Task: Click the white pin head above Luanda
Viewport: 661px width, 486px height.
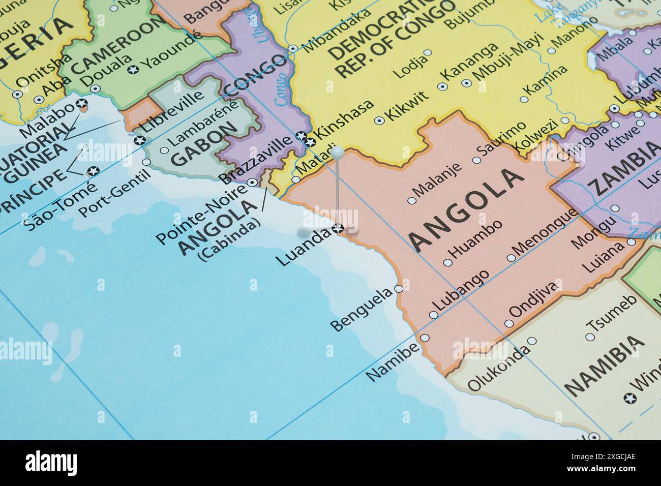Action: [x=337, y=151]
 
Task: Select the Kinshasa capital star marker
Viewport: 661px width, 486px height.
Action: [x=305, y=136]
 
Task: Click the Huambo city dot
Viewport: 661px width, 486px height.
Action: [x=447, y=263]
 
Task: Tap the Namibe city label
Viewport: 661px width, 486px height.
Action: [x=393, y=361]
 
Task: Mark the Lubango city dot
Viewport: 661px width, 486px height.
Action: [x=433, y=315]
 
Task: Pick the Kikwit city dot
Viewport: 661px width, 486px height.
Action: [x=379, y=121]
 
